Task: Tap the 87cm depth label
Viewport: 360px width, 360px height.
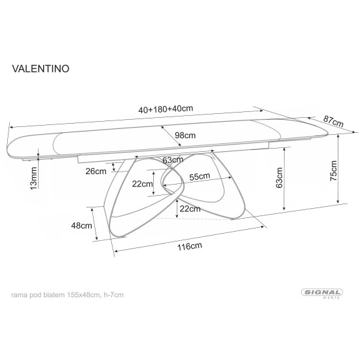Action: tap(334, 122)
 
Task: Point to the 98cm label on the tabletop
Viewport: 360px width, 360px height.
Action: tap(185, 135)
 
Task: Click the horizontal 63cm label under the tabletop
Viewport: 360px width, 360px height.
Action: tap(172, 160)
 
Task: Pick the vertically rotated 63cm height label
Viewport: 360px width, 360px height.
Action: tap(279, 177)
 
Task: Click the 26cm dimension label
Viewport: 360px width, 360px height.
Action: tap(96, 171)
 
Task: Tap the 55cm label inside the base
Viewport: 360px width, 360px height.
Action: tap(200, 176)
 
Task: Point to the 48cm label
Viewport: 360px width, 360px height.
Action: tap(81, 226)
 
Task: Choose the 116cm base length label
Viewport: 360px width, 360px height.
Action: tap(189, 246)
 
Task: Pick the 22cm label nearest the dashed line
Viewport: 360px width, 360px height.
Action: tap(190, 209)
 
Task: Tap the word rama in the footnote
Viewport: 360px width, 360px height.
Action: tap(20, 295)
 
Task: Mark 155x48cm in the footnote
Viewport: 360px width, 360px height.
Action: tap(81, 295)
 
